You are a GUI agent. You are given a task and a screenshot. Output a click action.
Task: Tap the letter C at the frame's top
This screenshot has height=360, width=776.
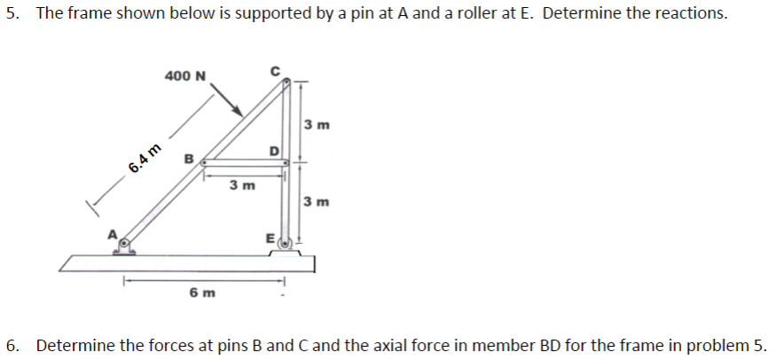[276, 69]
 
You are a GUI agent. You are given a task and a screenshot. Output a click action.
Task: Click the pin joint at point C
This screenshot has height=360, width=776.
[286, 82]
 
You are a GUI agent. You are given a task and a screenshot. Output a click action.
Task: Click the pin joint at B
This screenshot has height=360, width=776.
[204, 163]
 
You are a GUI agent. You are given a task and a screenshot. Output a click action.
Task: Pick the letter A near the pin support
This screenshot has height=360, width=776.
[113, 232]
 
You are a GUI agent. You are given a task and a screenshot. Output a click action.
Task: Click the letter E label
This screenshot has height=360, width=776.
[270, 237]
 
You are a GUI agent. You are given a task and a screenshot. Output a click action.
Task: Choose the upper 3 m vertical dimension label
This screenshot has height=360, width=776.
[317, 124]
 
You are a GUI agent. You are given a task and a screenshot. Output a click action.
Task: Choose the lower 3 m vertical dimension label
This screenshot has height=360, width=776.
[317, 201]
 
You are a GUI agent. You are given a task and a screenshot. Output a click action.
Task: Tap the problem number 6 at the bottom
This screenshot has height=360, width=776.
[10, 344]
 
